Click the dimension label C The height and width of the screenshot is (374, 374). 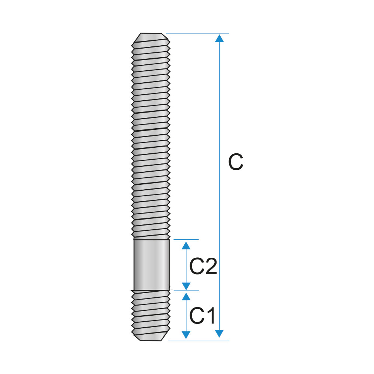(236, 162)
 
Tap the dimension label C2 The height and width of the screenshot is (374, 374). (203, 266)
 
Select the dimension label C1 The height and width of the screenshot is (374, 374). (202, 316)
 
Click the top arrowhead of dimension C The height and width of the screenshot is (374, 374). (220, 38)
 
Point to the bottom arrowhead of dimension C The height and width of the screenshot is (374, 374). (220, 334)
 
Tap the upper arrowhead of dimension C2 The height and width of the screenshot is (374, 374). (186, 245)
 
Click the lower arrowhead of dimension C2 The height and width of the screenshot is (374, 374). (186, 286)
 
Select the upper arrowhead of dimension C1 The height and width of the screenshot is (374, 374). (186, 297)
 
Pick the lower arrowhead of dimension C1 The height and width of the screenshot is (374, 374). (186, 335)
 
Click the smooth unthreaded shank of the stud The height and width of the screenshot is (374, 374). (152, 265)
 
